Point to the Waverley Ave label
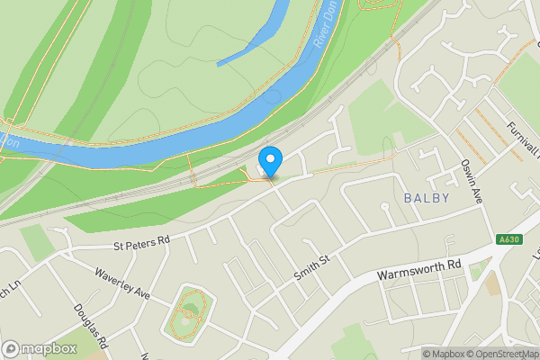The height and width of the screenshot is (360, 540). (x=122, y=279)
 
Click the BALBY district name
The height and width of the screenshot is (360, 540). (x=427, y=197)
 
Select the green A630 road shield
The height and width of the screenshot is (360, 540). (x=508, y=239)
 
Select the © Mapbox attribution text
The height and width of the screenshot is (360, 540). (x=443, y=354)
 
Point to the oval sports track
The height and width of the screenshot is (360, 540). (x=189, y=314)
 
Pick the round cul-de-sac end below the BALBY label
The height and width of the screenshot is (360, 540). (x=385, y=207)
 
